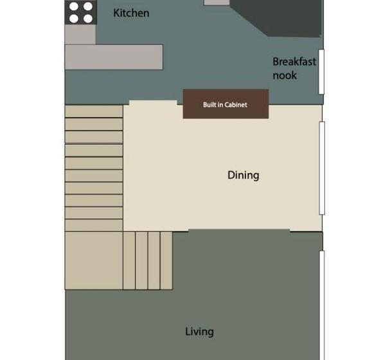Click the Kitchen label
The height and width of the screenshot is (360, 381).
(131, 13)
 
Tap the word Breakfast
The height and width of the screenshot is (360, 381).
(294, 62)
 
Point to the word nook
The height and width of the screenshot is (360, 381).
(285, 75)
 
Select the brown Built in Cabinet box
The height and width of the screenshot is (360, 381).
(226, 104)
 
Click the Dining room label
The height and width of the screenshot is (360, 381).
(243, 175)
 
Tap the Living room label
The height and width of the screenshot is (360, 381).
(199, 332)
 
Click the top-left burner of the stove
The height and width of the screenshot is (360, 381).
(74, 7)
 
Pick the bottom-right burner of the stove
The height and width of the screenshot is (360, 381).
(87, 19)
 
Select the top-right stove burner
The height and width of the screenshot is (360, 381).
(87, 7)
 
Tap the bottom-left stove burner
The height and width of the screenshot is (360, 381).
(74, 19)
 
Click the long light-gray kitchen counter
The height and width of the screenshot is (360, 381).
(113, 57)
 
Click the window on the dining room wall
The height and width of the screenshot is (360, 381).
(322, 167)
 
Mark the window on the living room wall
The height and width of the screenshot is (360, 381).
(322, 302)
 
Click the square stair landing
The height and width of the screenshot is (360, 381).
(94, 260)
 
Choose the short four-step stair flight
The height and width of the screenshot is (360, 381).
(148, 260)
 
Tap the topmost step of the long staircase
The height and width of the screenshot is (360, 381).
(94, 112)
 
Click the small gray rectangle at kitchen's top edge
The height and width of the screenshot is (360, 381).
(217, 3)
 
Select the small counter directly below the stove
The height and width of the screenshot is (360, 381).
(80, 35)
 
